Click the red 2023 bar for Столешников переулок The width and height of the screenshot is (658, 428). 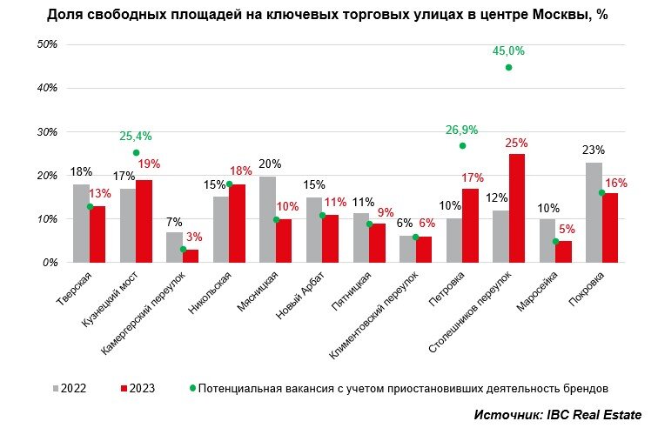[x=517, y=208]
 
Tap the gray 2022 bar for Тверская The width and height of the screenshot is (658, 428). [x=81, y=223]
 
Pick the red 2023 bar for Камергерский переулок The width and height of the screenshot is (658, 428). [x=190, y=256]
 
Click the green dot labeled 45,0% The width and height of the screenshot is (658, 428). [x=508, y=67]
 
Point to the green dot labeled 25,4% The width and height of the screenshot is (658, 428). [x=136, y=152]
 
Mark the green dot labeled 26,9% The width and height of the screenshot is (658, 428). [x=462, y=145]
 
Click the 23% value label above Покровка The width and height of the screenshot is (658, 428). [x=594, y=150]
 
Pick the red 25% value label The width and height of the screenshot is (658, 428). [x=517, y=143]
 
